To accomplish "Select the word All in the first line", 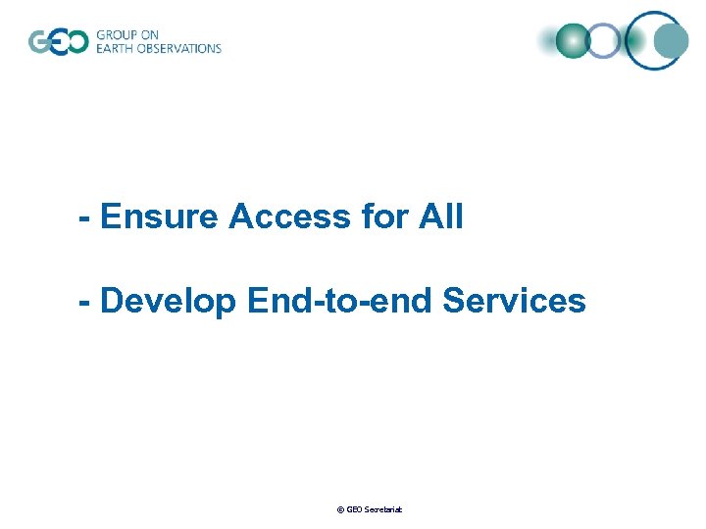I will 441,216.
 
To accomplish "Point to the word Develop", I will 169,302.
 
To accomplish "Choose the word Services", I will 515,302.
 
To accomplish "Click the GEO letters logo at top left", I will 58,42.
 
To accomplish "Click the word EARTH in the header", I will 116,49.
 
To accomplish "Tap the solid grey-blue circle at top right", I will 671,40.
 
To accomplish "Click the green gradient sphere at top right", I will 572,40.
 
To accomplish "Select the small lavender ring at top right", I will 604,40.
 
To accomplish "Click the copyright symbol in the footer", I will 339,510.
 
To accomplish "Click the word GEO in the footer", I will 354,510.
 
